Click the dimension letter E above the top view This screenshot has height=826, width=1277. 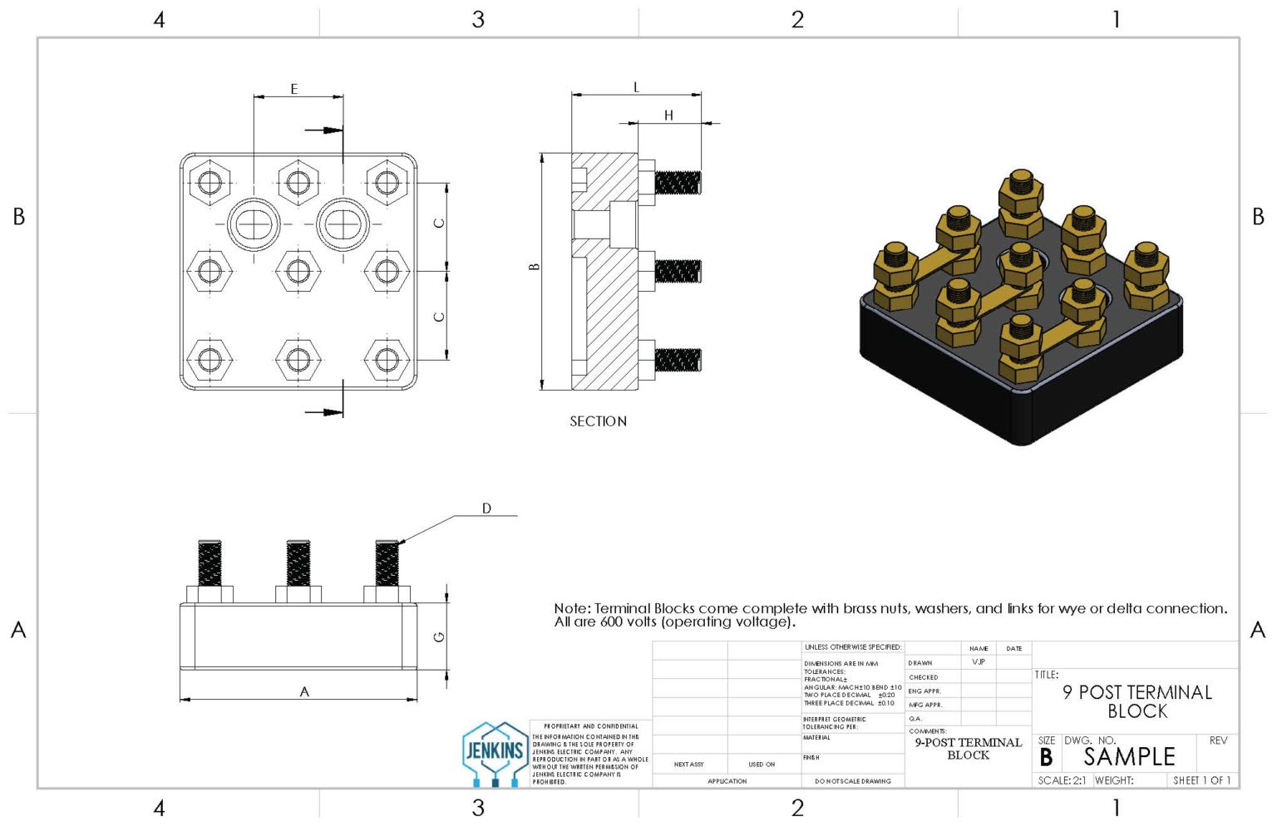click(x=293, y=89)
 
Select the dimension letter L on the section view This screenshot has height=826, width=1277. click(x=637, y=87)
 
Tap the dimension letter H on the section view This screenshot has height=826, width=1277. click(x=668, y=116)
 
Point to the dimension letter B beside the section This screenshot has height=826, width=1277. click(x=535, y=267)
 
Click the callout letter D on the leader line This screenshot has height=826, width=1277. click(x=487, y=509)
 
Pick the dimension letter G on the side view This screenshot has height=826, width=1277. click(x=439, y=637)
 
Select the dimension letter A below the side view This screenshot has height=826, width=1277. click(x=304, y=691)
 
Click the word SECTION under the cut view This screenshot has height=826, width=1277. click(x=598, y=421)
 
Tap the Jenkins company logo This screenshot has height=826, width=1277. click(x=495, y=753)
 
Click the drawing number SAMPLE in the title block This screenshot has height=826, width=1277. click(x=1129, y=757)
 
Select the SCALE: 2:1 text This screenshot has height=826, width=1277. click(x=1062, y=780)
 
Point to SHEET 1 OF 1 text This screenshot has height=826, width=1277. click(x=1201, y=780)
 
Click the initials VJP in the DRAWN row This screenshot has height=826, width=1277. click(x=979, y=662)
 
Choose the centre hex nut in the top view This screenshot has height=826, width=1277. click(x=298, y=270)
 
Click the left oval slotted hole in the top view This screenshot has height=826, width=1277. click(x=253, y=224)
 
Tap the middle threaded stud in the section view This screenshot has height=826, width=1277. click(x=678, y=271)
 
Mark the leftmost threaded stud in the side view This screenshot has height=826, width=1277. click(x=210, y=563)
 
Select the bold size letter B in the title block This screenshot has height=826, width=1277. click(x=1046, y=758)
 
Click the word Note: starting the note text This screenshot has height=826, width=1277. click(x=573, y=608)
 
